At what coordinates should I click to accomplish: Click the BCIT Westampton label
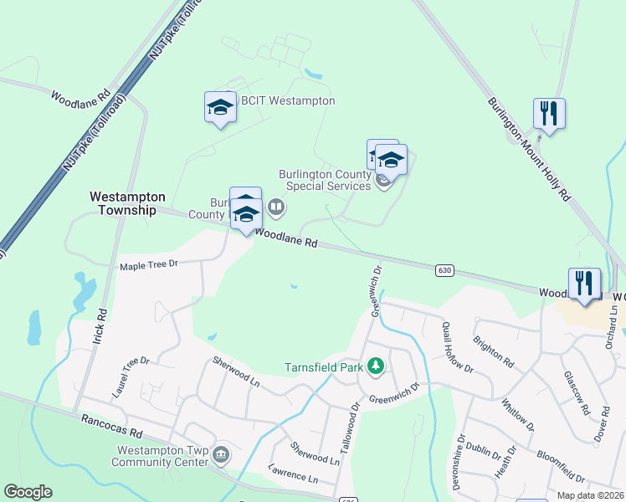[x=288, y=101]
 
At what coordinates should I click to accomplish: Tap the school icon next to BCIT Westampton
[x=220, y=108]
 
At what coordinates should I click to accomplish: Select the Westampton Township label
[x=127, y=203]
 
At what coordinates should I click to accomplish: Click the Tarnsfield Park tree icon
[x=377, y=365]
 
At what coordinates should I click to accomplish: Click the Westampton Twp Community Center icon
[x=221, y=454]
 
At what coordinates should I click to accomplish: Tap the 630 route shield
[x=444, y=270]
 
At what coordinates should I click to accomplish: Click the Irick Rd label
[x=102, y=324]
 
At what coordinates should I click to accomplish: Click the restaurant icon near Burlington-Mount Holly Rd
[x=549, y=113]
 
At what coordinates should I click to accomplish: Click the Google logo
[x=28, y=492]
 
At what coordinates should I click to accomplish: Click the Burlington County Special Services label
[x=325, y=180]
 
